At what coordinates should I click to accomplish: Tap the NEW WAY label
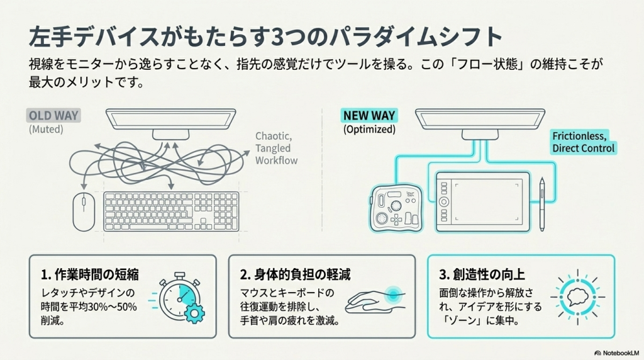click(x=369, y=116)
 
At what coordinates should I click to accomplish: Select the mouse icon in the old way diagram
click(x=82, y=211)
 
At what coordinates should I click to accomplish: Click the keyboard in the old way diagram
click(x=171, y=212)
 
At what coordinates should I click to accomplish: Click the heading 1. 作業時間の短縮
click(x=89, y=274)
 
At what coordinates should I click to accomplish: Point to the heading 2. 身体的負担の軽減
click(x=295, y=274)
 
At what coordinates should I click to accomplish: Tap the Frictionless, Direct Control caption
click(x=584, y=142)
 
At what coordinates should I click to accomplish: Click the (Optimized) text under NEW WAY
click(x=369, y=130)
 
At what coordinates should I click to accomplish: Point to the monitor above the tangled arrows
click(x=170, y=120)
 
